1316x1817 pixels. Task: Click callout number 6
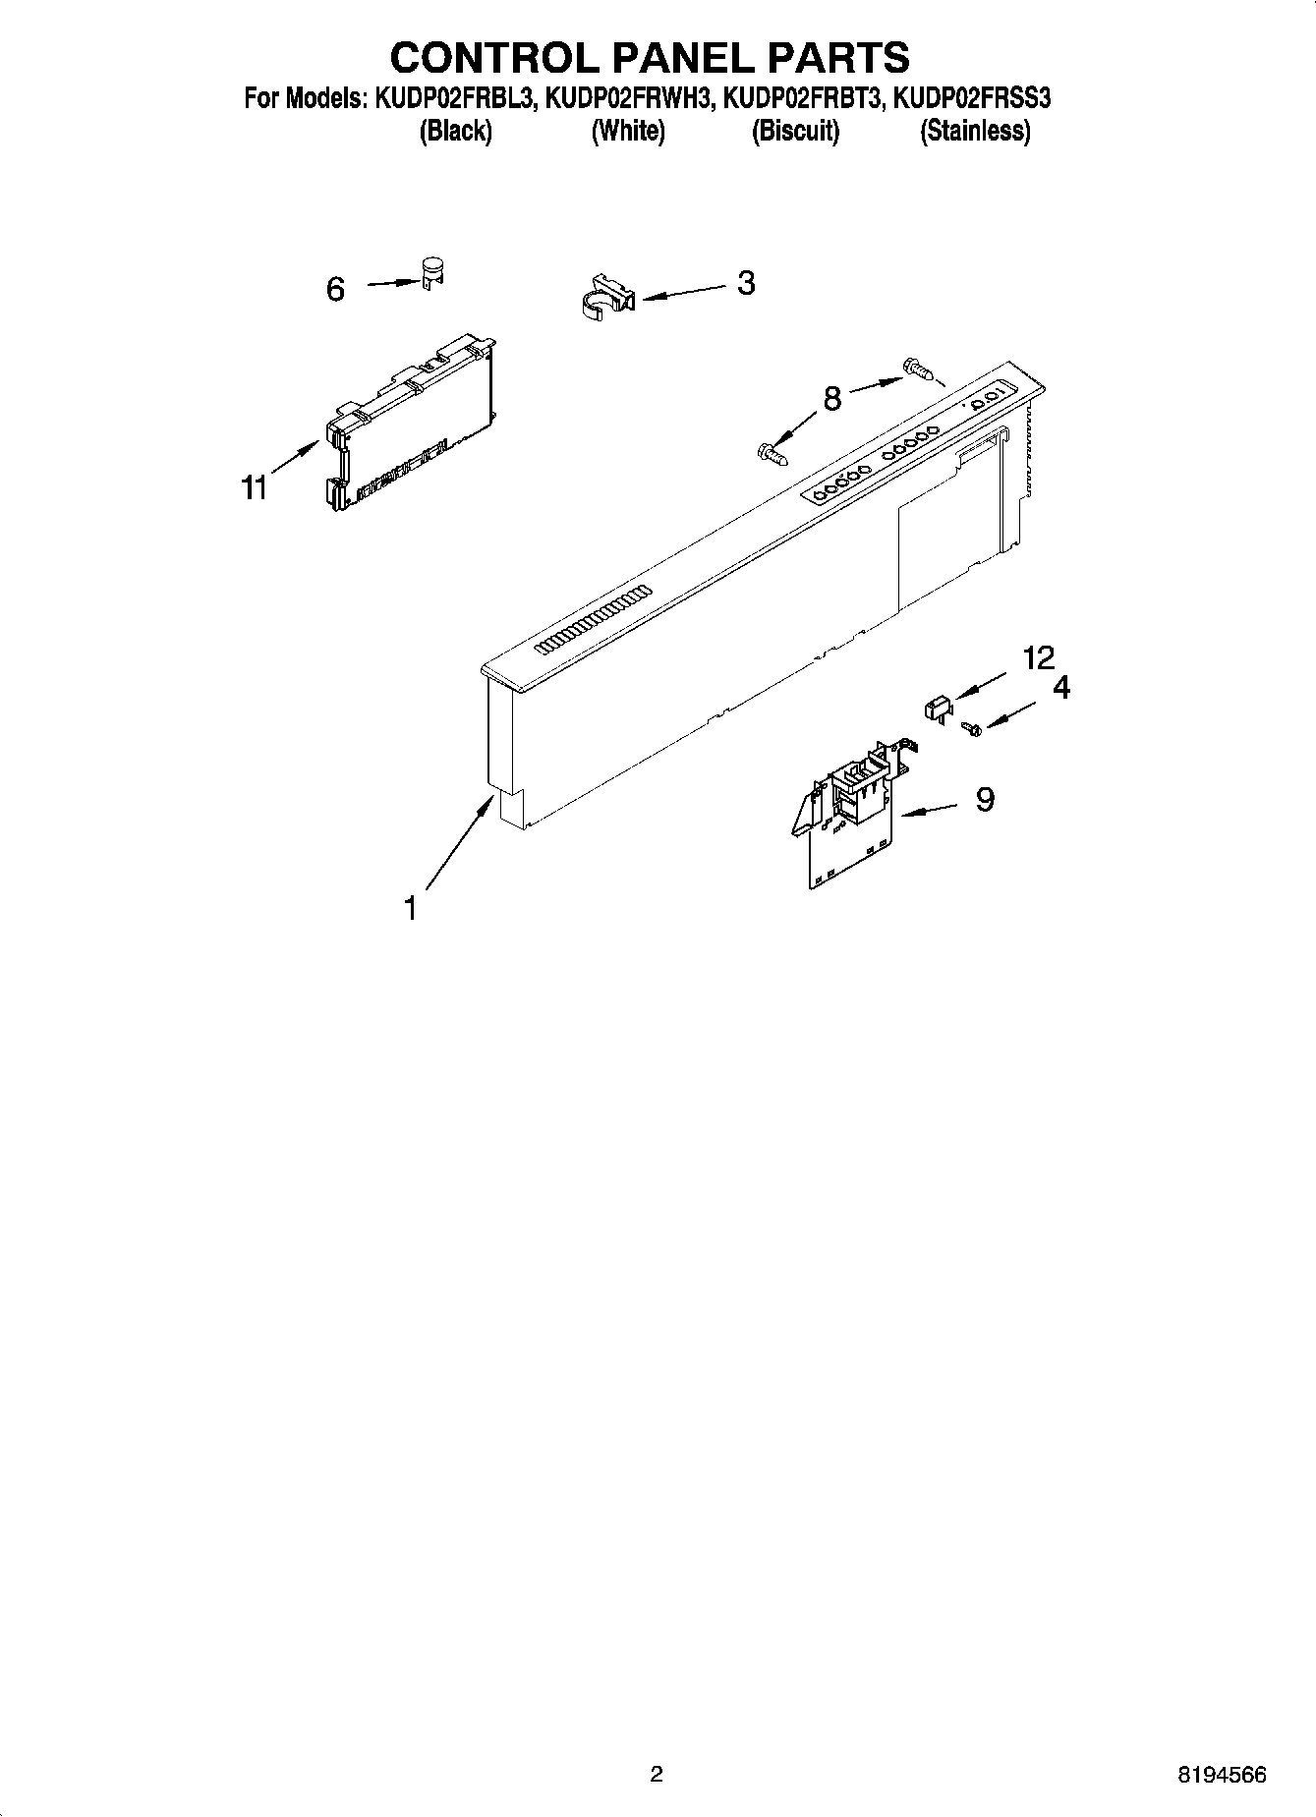click(x=335, y=289)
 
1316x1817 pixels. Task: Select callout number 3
click(x=746, y=283)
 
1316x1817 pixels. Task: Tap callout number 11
click(x=256, y=487)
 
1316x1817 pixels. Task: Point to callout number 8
click(x=832, y=399)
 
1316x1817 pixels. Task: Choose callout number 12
click(x=1038, y=657)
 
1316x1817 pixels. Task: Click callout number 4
click(x=1061, y=688)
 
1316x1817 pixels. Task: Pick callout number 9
click(x=985, y=800)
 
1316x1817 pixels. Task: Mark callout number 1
click(x=411, y=908)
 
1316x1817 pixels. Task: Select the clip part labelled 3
click(x=603, y=296)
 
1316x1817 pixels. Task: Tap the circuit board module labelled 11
click(x=409, y=423)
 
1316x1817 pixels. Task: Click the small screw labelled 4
click(x=974, y=728)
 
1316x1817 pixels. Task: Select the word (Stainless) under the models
click(x=975, y=131)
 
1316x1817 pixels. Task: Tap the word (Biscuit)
click(x=795, y=131)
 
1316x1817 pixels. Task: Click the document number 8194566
click(x=1222, y=1774)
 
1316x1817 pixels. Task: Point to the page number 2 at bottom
click(x=657, y=1774)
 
